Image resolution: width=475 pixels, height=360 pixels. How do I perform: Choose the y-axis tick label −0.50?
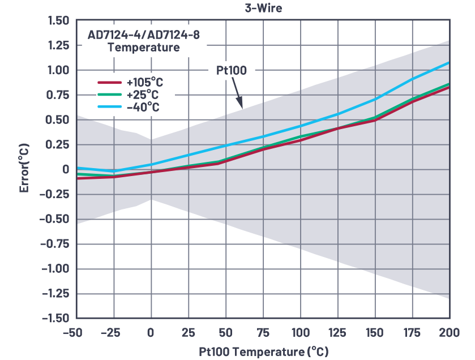point(54,219)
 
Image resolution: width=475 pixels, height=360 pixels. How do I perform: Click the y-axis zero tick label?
point(65,169)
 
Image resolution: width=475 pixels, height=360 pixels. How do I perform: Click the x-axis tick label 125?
point(338,333)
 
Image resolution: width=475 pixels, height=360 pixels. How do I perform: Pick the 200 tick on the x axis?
point(450,333)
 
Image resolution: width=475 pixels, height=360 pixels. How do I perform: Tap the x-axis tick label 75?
point(263,333)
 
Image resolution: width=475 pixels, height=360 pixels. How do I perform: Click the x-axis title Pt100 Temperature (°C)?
point(263,352)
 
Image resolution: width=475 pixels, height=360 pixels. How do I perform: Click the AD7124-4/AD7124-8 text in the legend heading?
point(143,35)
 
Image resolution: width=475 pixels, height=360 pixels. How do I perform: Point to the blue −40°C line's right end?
point(449,62)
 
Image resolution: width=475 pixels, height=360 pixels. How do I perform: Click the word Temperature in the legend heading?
point(143,48)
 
